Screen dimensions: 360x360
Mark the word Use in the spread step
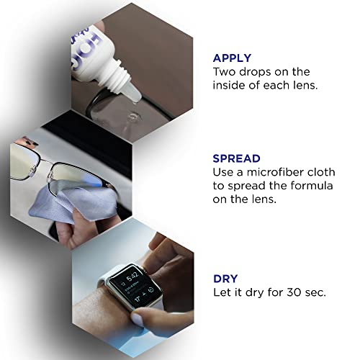[225, 173]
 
